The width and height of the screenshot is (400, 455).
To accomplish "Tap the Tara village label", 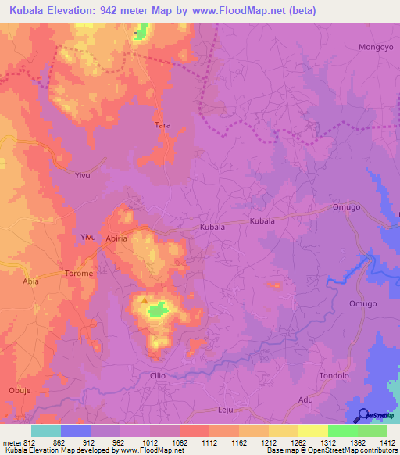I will [x=162, y=124].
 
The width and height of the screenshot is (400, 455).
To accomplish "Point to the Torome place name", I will [x=78, y=274].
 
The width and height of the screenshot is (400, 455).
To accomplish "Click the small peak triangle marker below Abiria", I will [x=144, y=299].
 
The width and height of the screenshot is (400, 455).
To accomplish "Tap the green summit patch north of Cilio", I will [x=159, y=310].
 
